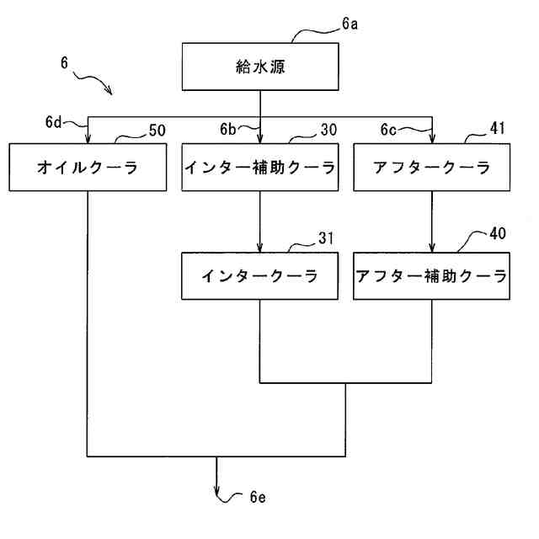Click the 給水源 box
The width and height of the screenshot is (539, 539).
260,67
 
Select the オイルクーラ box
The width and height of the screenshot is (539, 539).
88,168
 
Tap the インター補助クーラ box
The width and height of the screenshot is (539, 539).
260,168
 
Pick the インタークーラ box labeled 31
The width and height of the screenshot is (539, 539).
260,275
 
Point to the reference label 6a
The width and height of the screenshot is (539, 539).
350,25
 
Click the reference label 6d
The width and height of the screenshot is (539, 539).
53,123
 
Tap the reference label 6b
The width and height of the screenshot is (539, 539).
227,130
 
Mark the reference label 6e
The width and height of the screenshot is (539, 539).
258,497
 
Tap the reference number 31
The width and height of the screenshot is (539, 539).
327,239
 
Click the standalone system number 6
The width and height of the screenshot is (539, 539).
64,62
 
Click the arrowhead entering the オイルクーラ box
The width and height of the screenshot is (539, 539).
88,140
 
